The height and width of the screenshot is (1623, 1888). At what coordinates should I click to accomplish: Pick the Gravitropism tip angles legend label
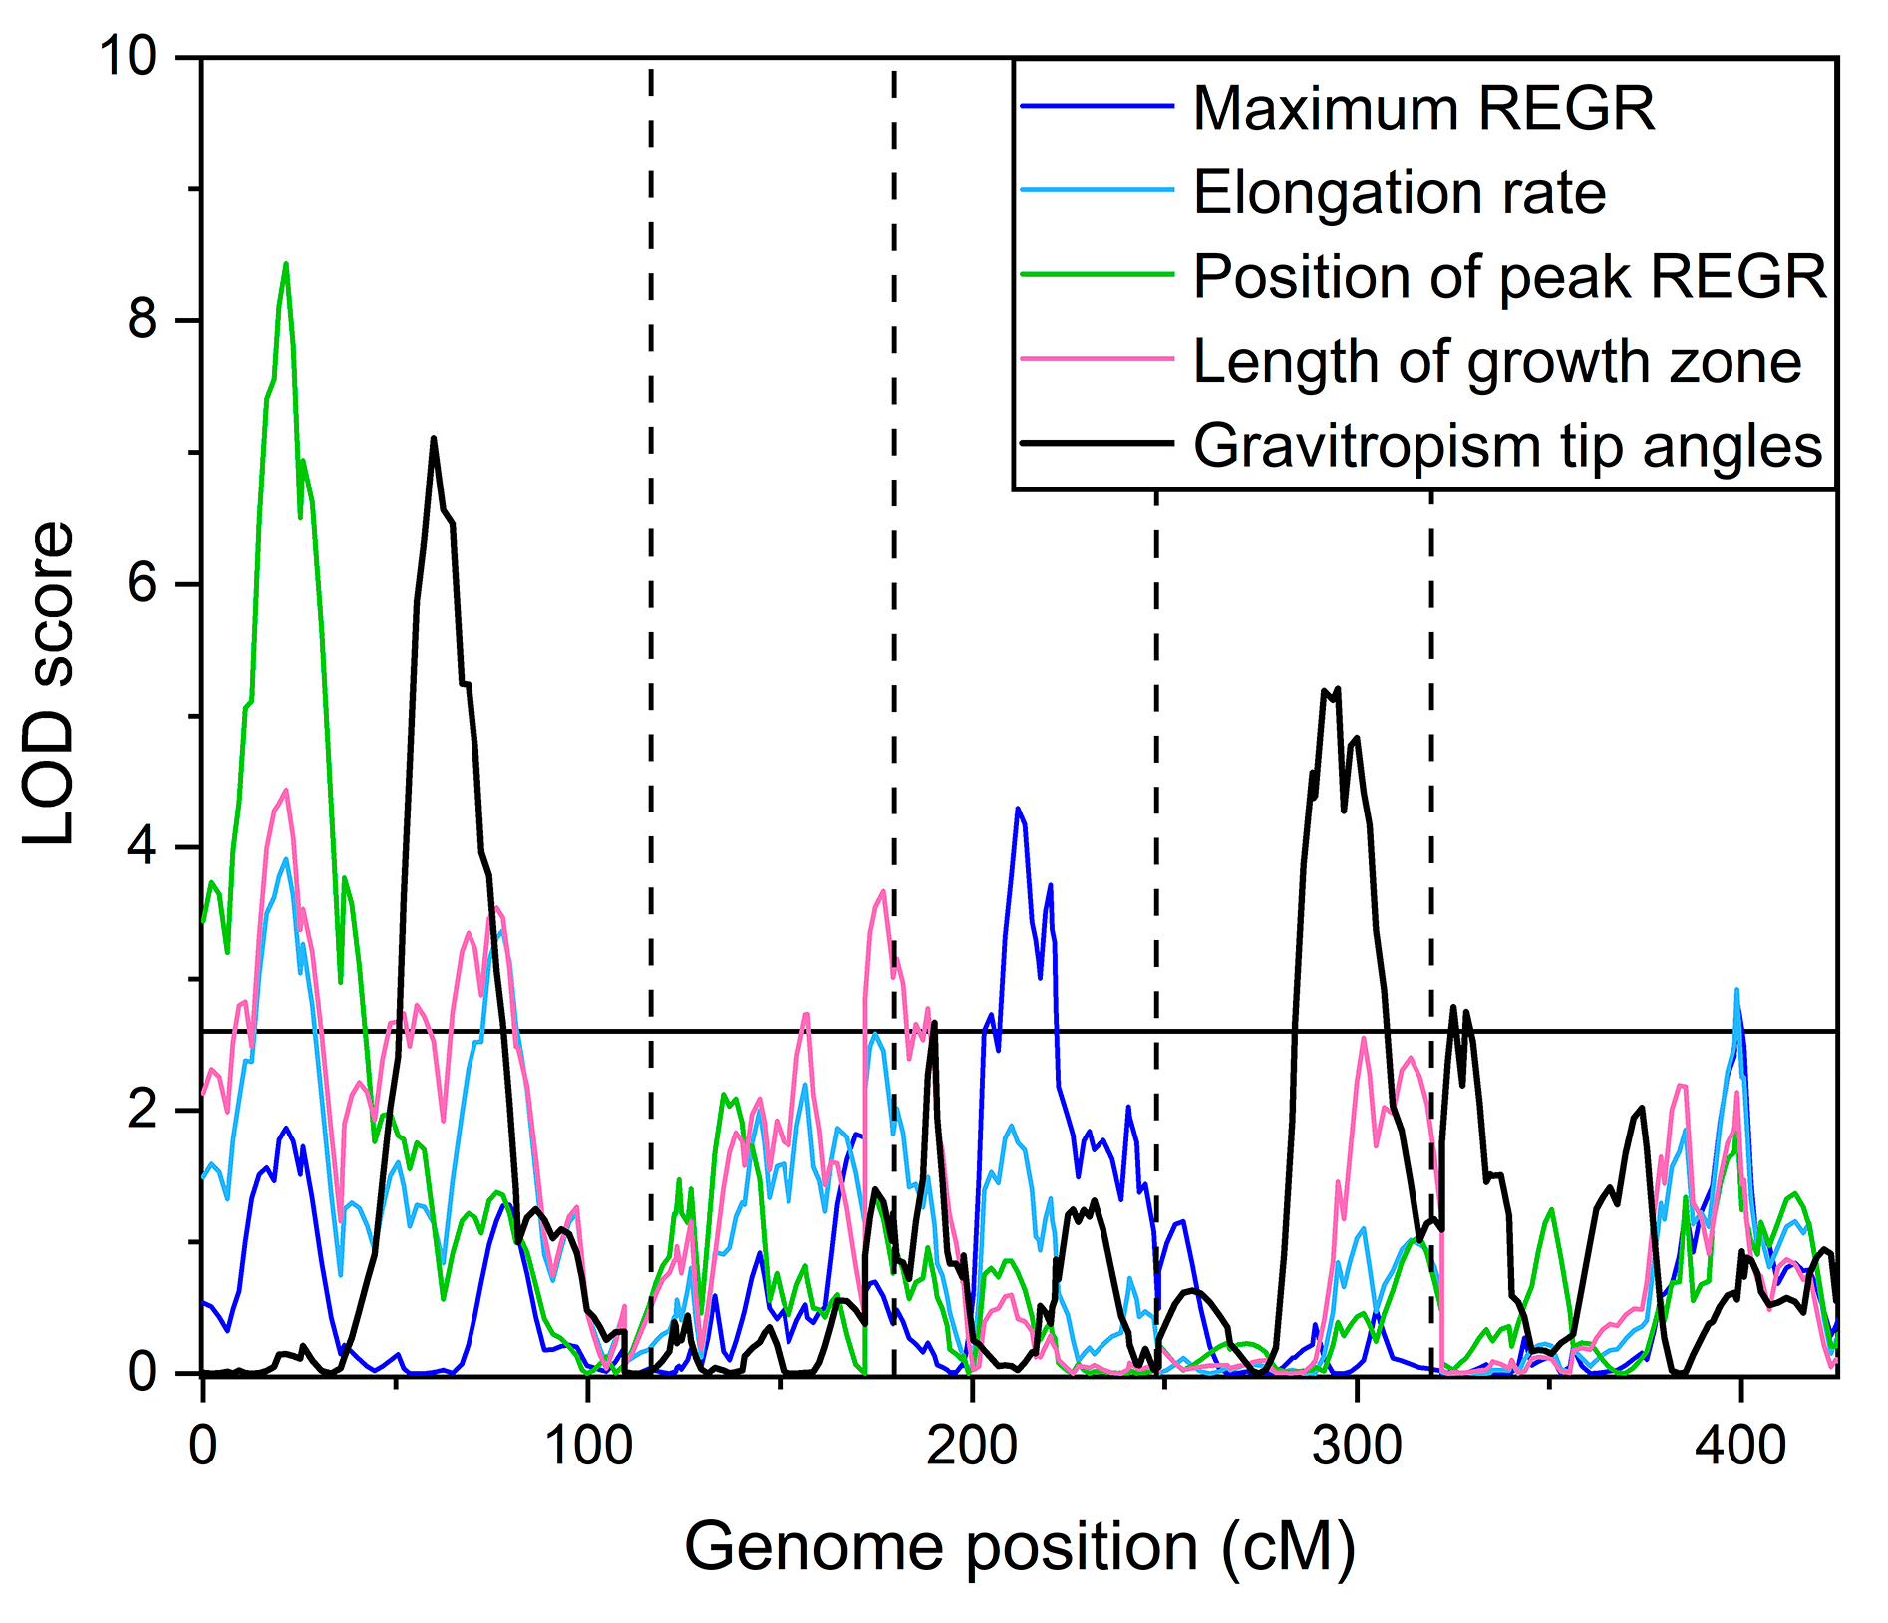click(1507, 446)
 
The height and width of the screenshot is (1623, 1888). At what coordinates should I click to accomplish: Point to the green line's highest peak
click(286, 264)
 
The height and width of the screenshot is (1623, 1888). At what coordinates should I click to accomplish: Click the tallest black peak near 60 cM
click(434, 438)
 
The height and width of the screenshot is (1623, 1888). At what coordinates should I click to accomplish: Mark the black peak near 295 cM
click(1336, 688)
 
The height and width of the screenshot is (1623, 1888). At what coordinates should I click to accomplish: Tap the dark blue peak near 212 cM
click(1017, 809)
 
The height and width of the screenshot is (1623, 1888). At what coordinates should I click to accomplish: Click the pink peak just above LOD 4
click(286, 791)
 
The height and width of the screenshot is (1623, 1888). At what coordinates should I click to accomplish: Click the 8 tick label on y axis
click(143, 320)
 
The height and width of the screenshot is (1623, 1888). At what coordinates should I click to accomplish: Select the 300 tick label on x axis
click(1356, 1446)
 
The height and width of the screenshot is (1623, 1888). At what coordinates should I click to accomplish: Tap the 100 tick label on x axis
click(588, 1446)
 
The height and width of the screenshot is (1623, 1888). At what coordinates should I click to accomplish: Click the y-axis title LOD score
click(50, 684)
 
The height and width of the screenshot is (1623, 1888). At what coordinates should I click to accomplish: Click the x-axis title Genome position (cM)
click(1019, 1547)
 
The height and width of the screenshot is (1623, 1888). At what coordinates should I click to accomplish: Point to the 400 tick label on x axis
click(1740, 1446)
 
